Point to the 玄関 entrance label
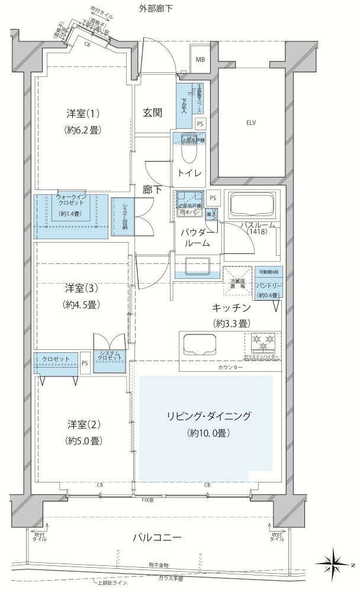pyautogui.click(x=153, y=112)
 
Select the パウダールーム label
pyautogui.click(x=193, y=237)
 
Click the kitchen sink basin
pyautogui.click(x=200, y=343)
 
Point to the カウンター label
pyautogui.click(x=230, y=368)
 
